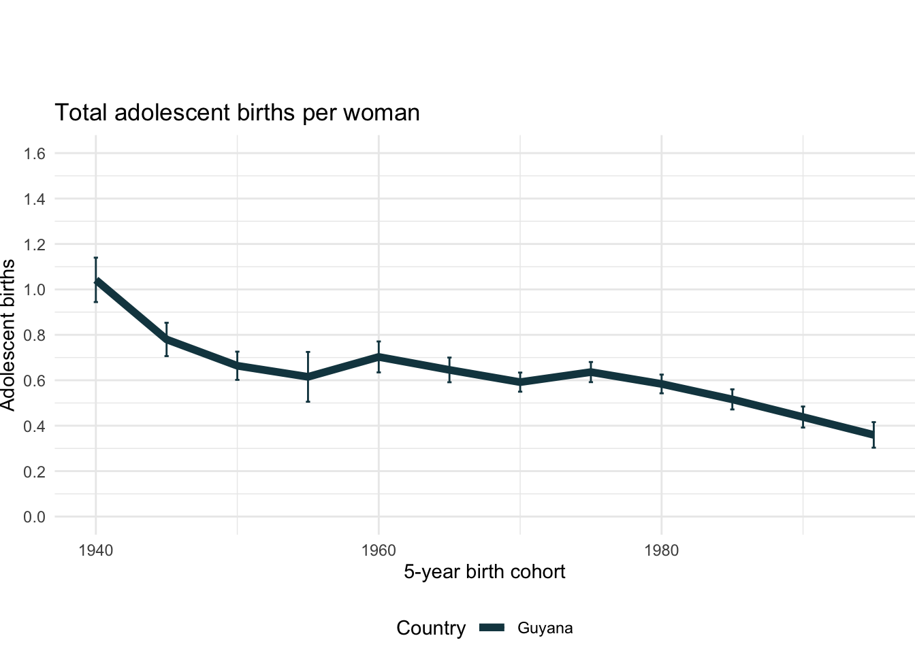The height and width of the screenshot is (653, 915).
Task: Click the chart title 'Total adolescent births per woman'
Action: [x=237, y=112]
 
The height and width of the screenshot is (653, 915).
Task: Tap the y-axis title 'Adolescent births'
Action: [x=8, y=335]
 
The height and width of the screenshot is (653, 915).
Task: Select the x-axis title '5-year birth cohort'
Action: [x=484, y=571]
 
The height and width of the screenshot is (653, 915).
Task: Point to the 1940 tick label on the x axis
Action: [x=95, y=550]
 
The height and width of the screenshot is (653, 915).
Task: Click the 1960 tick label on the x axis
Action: [x=379, y=550]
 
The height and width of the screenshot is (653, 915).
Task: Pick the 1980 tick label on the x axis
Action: [x=662, y=550]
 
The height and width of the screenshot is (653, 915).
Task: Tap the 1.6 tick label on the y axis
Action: [x=34, y=154]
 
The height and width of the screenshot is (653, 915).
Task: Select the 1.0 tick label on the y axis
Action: [x=34, y=290]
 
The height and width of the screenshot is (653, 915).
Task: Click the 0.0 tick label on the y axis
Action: [x=34, y=517]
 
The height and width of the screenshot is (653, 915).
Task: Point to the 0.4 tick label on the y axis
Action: [x=34, y=426]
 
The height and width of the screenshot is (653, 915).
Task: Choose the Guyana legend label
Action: [x=545, y=629]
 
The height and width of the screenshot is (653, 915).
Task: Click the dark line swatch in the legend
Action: [x=492, y=629]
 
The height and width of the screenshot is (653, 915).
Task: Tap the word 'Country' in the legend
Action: [x=431, y=629]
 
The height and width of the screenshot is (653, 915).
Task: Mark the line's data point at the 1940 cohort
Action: [x=96, y=281]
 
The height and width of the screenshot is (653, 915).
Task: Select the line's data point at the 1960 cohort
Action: [x=379, y=356]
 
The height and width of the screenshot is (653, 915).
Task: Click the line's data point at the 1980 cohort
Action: [x=662, y=384]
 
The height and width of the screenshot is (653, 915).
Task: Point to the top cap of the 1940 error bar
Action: [x=96, y=258]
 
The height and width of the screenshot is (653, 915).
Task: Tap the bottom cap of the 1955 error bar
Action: [x=308, y=401]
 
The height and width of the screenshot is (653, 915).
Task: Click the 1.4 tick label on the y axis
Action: [x=34, y=199]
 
